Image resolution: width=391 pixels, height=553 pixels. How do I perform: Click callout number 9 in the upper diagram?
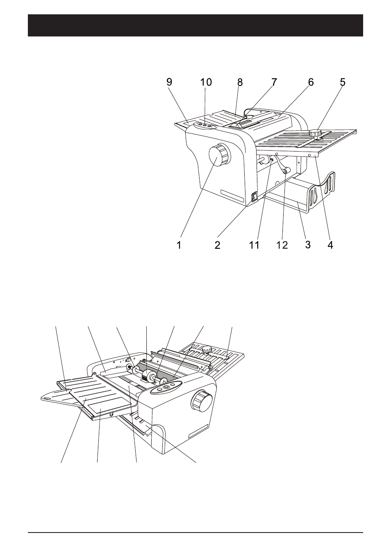[169, 82]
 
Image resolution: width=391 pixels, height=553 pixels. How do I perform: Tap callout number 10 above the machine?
[206, 82]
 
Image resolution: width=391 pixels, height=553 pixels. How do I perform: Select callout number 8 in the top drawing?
[240, 82]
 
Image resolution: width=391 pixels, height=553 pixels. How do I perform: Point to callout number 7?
[274, 82]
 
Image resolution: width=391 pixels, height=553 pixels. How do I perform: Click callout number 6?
[311, 82]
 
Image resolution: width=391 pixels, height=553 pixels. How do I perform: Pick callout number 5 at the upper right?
[343, 82]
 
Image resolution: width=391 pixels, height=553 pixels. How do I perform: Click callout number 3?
[308, 245]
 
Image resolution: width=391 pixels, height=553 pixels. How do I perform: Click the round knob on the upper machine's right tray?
[315, 133]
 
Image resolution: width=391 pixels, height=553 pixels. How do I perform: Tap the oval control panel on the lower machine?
[166, 387]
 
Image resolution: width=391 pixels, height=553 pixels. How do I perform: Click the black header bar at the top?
[195, 25]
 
